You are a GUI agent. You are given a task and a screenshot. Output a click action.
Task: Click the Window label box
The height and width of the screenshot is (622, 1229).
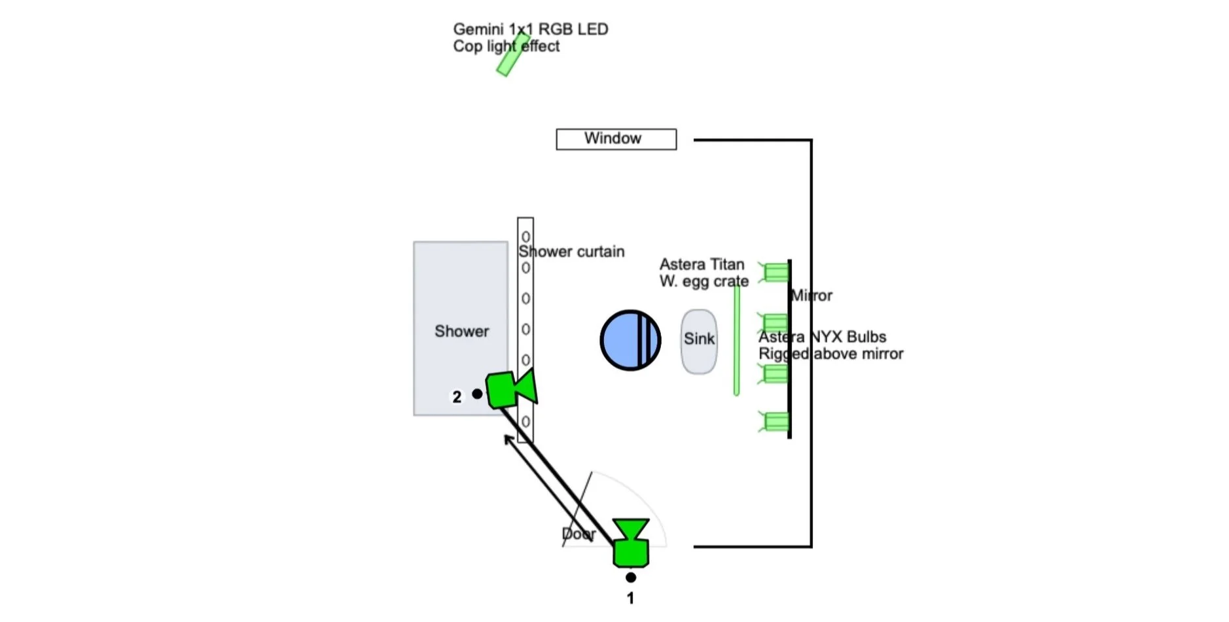616,139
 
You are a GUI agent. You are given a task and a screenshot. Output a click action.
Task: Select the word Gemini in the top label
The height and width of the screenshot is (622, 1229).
478,29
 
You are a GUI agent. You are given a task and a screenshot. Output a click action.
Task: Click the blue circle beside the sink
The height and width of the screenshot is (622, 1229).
630,340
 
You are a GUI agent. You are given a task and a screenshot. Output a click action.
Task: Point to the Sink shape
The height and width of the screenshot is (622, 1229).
699,341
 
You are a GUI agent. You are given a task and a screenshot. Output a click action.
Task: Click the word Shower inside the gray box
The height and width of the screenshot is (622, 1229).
461,331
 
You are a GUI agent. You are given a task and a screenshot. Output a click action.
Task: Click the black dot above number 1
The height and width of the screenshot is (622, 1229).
630,578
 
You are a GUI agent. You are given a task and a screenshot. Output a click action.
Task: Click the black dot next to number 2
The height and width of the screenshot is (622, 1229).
477,394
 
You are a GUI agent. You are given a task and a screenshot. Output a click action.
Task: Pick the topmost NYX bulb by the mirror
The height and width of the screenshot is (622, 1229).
775,272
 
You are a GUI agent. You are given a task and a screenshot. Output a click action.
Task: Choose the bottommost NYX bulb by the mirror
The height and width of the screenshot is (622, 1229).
775,422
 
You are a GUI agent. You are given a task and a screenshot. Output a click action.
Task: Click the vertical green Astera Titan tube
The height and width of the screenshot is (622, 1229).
736,340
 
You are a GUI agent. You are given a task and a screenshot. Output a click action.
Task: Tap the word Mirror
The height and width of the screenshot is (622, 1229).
811,296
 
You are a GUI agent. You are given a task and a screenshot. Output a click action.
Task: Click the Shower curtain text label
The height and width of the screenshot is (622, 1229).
571,252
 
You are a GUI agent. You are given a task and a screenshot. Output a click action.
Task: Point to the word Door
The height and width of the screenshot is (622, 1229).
579,534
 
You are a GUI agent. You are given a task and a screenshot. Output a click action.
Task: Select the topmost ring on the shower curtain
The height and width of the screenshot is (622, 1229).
525,237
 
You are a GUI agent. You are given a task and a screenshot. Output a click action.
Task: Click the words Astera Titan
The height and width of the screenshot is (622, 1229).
702,264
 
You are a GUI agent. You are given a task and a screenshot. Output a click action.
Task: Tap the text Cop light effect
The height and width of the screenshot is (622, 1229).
506,46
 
